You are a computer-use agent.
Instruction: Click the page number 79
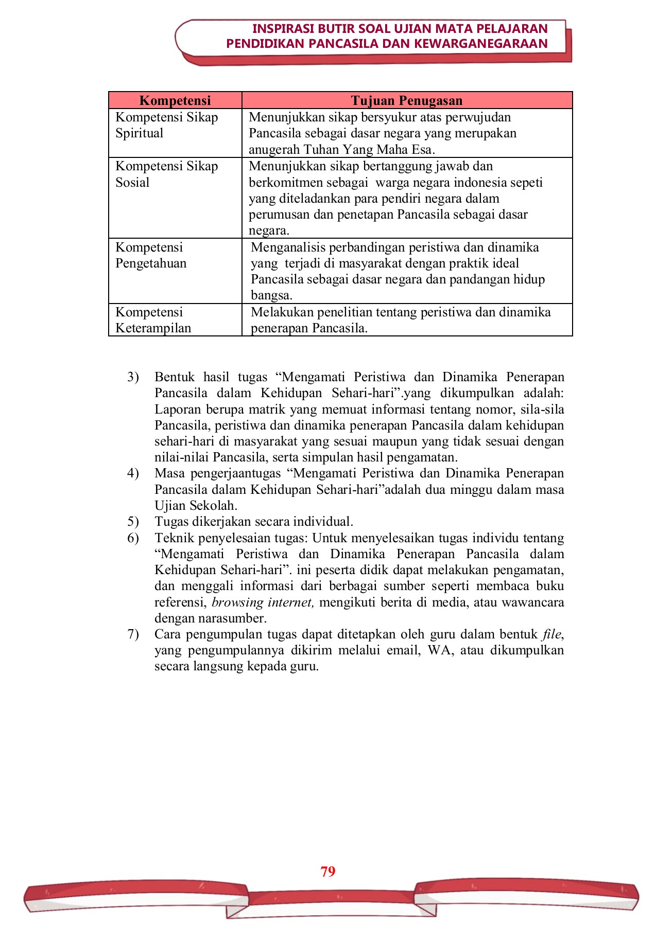tap(328, 871)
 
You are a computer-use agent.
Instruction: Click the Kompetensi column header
tap(175, 100)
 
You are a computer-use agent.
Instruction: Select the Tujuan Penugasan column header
tap(407, 100)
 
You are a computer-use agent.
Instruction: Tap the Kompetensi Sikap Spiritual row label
tap(166, 125)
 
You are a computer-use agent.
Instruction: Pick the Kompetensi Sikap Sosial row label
tap(166, 174)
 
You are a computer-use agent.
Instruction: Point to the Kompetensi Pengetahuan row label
tap(151, 255)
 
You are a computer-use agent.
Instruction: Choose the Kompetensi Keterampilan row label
tap(153, 320)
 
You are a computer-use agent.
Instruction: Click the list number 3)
tap(133, 377)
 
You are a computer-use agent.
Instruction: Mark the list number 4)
tap(133, 473)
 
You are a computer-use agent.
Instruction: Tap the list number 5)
tap(133, 522)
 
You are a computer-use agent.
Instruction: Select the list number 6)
tap(133, 538)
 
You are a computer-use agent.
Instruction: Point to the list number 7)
tap(133, 634)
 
